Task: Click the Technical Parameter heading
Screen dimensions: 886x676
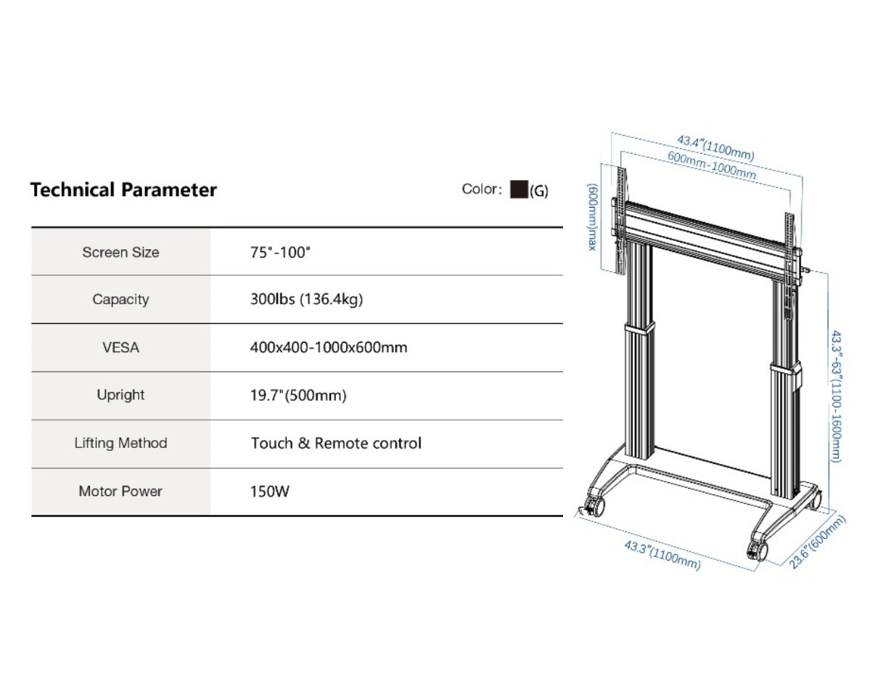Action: [123, 190]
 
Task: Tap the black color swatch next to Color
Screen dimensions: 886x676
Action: [519, 190]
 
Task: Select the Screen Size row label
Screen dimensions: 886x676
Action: [120, 253]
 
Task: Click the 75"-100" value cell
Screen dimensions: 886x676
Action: [280, 253]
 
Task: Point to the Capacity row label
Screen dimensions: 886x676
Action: [120, 299]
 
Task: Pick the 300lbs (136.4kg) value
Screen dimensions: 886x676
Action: [306, 299]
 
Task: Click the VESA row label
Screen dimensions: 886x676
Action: [120, 348]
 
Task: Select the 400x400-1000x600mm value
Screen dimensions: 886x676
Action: [329, 347]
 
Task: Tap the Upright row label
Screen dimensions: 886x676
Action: [120, 395]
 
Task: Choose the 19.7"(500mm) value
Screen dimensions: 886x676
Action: [298, 395]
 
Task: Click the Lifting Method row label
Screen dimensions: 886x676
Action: [120, 443]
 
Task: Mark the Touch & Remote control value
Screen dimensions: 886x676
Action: [336, 444]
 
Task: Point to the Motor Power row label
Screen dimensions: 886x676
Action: [120, 491]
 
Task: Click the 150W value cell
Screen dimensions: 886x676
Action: [270, 492]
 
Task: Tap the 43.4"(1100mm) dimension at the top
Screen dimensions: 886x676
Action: [715, 148]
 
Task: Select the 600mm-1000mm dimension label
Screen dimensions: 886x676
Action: [712, 165]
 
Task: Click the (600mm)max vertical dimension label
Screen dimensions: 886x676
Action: [591, 217]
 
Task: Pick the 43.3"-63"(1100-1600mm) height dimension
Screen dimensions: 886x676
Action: [836, 396]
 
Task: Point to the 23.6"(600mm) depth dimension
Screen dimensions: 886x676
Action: [816, 542]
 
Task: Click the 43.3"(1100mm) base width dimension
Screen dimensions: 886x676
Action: [663, 555]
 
